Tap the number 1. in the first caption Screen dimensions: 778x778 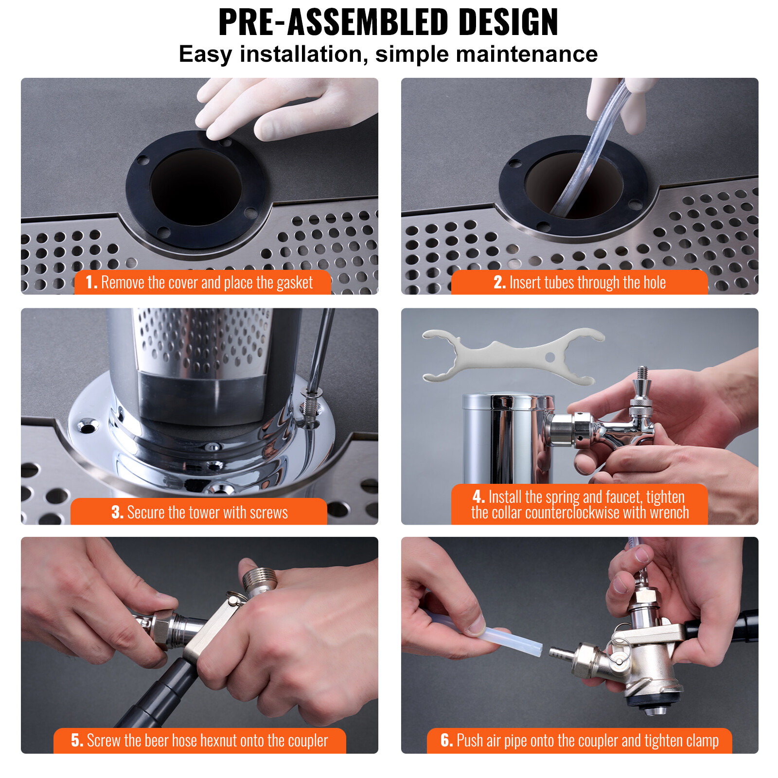pyautogui.click(x=91, y=283)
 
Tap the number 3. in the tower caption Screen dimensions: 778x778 pyautogui.click(x=117, y=513)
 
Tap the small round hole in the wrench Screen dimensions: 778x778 pyautogui.click(x=550, y=357)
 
